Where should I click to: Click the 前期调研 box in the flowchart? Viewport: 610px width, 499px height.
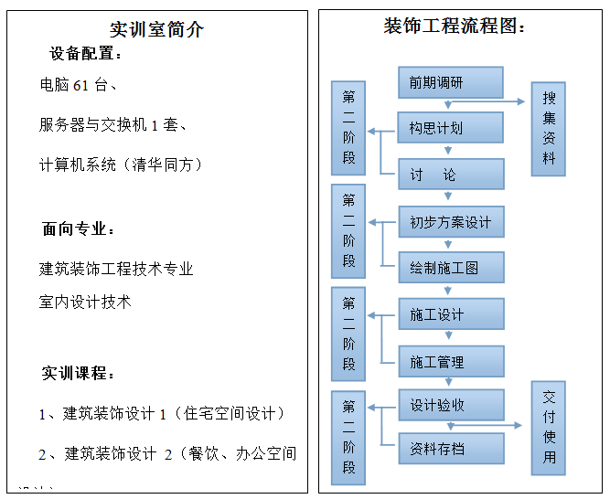tap(450, 82)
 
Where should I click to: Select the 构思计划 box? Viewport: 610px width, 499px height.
tap(450, 128)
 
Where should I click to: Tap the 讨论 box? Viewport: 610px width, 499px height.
tap(450, 175)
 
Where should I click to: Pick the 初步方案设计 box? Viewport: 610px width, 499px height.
tap(450, 222)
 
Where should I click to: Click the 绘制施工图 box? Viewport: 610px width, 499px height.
tap(450, 269)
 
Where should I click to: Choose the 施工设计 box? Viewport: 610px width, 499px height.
tap(450, 315)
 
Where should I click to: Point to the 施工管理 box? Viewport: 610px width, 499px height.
tap(450, 362)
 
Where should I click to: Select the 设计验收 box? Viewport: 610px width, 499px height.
tap(450, 405)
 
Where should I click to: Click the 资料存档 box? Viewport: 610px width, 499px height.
tap(450, 449)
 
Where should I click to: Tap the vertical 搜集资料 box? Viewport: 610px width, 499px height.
tap(549, 128)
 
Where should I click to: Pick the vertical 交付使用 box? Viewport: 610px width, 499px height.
tap(549, 427)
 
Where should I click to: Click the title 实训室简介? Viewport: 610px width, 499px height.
tap(157, 29)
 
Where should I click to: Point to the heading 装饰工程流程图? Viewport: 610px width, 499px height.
tap(455, 27)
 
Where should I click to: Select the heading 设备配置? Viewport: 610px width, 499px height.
tap(86, 55)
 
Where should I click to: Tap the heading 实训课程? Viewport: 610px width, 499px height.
tap(79, 374)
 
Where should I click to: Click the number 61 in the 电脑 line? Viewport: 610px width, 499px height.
tap(80, 86)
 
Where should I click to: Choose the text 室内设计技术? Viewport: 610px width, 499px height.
tap(85, 302)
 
